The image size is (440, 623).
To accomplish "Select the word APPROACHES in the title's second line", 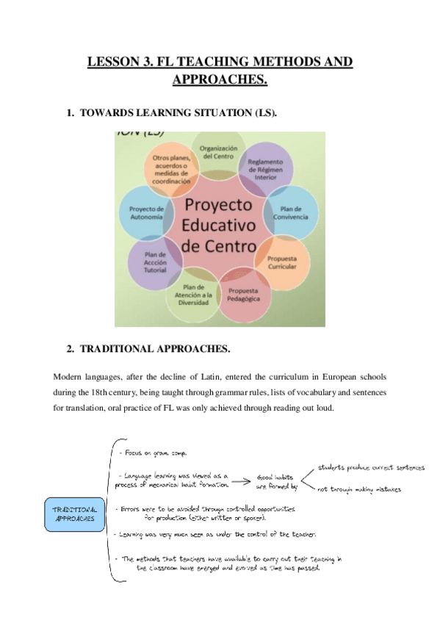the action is click(x=219, y=79).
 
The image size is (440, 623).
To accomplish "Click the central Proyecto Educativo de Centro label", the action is click(x=219, y=224).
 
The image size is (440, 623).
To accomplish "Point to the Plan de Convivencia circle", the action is click(x=291, y=212).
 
